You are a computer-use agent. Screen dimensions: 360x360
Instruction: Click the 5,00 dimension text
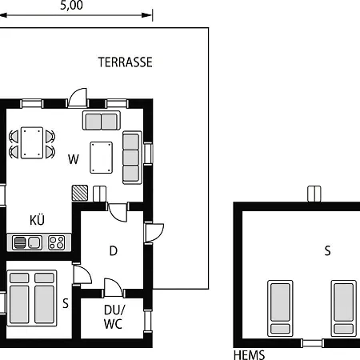(x=70, y=5)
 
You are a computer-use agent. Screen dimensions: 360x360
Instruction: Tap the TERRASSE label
(x=125, y=62)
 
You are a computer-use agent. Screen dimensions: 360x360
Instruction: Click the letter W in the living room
(x=74, y=159)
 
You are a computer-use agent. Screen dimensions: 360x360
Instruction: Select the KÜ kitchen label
(x=37, y=220)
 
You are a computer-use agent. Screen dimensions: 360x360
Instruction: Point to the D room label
(x=114, y=250)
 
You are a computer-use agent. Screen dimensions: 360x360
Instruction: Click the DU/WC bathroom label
(x=114, y=318)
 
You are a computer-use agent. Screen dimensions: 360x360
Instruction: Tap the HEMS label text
(x=249, y=355)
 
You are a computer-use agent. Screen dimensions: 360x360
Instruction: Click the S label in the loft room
(x=326, y=250)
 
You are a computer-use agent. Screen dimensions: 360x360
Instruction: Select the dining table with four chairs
(x=33, y=143)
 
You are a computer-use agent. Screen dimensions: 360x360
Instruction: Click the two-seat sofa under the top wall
(x=101, y=121)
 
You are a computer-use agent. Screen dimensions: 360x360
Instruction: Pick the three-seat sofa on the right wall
(x=131, y=157)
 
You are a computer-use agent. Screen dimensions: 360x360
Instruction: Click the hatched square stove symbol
(x=80, y=193)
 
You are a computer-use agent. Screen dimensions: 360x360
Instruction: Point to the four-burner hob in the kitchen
(x=56, y=242)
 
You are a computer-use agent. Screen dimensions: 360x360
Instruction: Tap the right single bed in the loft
(x=343, y=306)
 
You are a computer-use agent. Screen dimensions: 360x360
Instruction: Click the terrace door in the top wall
(x=78, y=98)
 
